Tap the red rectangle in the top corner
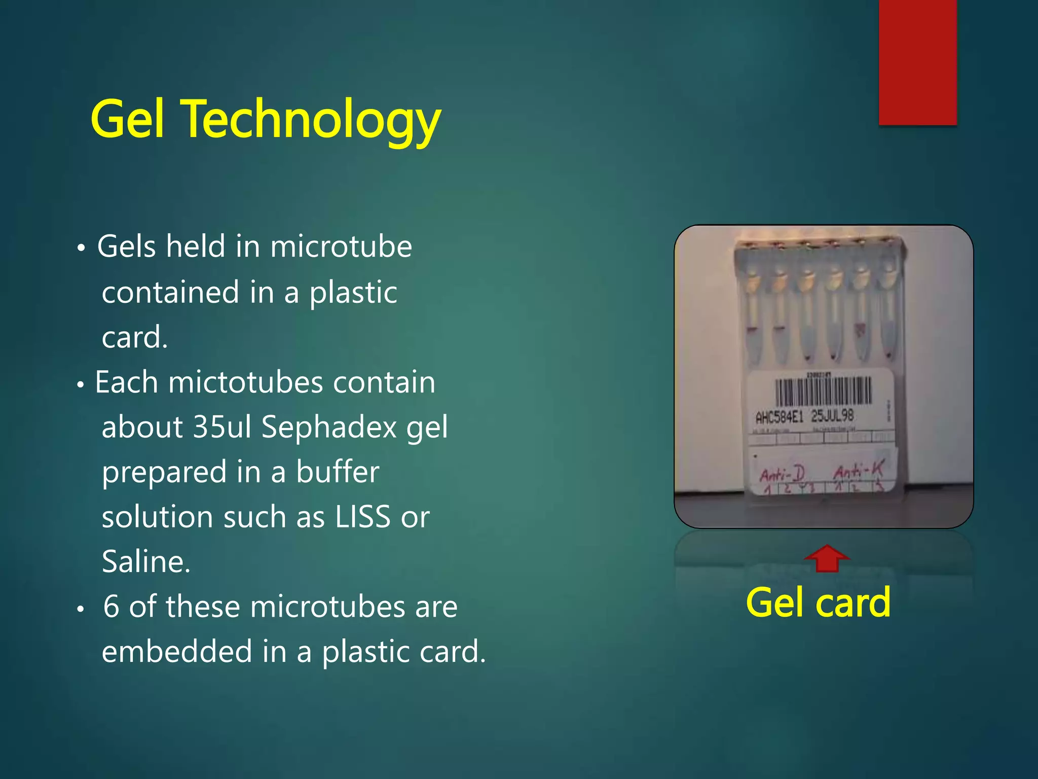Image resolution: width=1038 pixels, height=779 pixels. click(x=917, y=62)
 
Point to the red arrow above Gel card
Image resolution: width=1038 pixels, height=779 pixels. click(x=827, y=558)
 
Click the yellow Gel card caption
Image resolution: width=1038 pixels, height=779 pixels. click(x=818, y=603)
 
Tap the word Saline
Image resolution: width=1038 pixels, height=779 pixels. click(x=146, y=561)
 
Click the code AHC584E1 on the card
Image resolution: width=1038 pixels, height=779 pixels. click(x=779, y=417)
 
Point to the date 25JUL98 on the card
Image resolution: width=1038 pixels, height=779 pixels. click(x=832, y=416)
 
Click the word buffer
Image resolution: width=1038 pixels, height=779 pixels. click(x=337, y=472)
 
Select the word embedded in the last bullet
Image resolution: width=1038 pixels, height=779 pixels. click(x=177, y=651)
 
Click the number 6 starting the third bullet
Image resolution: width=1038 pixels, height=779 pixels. click(x=111, y=607)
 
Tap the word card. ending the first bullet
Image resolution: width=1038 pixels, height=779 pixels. click(x=134, y=337)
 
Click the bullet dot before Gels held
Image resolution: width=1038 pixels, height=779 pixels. click(x=81, y=249)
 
